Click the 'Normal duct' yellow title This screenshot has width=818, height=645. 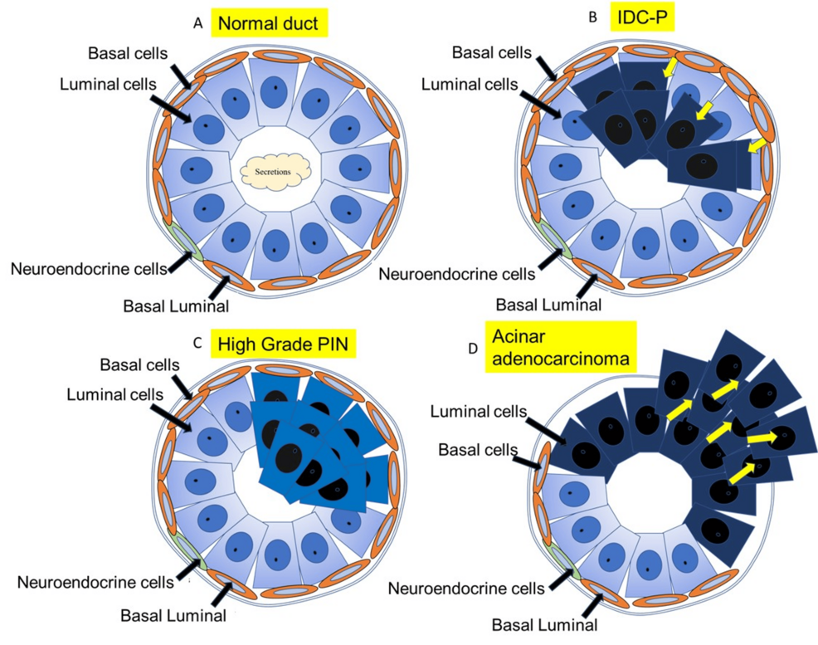[267, 24]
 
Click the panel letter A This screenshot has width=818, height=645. [197, 23]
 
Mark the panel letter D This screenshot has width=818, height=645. [473, 348]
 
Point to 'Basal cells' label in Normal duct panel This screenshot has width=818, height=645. [128, 54]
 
